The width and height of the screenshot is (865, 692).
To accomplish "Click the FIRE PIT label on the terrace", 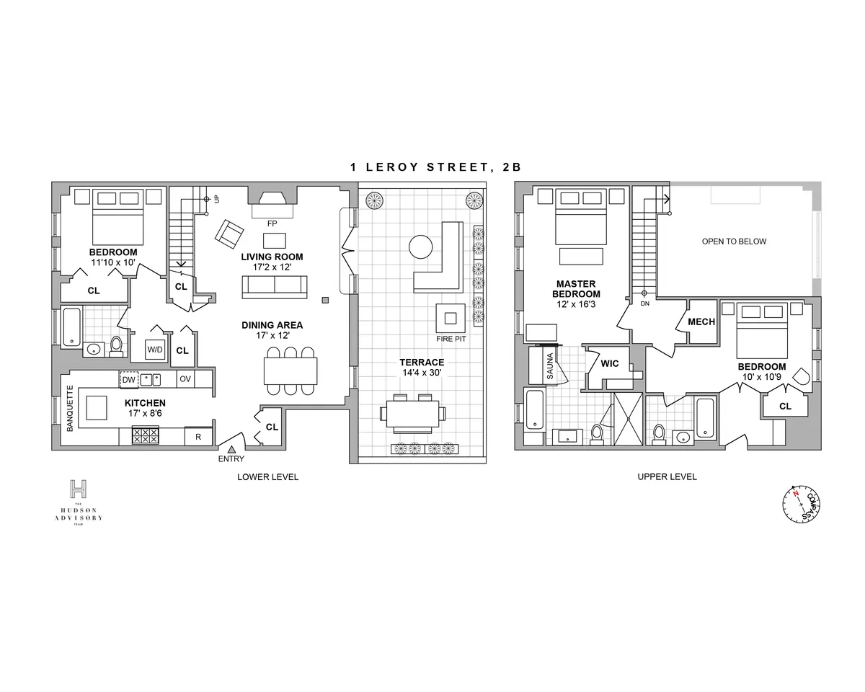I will pos(452,338).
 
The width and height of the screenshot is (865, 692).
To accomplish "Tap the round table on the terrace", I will pos(420,248).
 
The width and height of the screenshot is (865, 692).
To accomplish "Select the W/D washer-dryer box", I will pos(155,350).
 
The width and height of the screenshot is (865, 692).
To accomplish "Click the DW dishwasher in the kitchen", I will pos(128,379).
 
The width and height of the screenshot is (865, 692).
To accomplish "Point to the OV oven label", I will pos(185,379).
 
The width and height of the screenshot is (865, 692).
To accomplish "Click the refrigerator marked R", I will pos(198,436).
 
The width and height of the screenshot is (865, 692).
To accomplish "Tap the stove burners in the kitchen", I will pos(145,435).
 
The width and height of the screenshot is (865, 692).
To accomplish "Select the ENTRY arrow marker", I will pos(231,448).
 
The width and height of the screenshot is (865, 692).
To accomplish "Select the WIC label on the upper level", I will pos(610,364).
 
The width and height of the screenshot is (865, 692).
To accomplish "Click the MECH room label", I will pos(701,321).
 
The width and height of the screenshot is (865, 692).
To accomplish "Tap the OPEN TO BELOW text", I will pos(734,241).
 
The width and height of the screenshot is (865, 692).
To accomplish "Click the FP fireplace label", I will pos(272,223).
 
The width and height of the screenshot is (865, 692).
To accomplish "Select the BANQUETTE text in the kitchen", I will pos(71,409).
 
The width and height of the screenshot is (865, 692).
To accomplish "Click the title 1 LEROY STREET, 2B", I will pos(435,167).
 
